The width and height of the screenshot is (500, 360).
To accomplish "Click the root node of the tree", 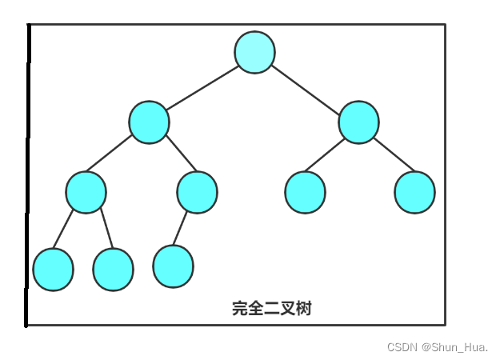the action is click(254, 52).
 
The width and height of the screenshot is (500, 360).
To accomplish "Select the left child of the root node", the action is click(149, 122).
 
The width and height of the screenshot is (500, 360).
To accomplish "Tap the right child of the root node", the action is click(358, 122).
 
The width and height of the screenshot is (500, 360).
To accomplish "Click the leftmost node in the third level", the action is click(86, 192).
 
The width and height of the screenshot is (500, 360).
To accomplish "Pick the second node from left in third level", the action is click(197, 192).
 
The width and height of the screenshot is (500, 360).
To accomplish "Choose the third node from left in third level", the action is click(305, 192).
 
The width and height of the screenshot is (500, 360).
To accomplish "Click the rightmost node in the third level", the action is click(414, 192).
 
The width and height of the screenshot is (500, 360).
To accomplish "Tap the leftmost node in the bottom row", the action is click(53, 269).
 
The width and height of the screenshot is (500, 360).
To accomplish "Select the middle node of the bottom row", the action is click(113, 270).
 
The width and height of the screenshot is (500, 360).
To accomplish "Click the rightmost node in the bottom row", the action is click(173, 266).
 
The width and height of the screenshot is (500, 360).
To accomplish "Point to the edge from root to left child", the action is click(202, 87).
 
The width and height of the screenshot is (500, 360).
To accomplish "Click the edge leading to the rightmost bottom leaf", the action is click(181, 229).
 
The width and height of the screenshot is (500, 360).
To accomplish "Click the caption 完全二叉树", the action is click(271, 309).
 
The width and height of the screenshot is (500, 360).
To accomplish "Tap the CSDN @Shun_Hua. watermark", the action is click(438, 347).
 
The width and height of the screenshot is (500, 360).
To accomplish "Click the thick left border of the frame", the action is click(28, 176).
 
